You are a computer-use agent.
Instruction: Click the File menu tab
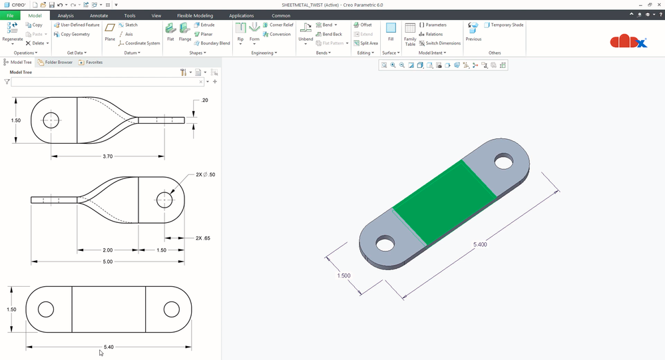point(10,16)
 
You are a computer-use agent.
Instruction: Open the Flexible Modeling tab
point(195,16)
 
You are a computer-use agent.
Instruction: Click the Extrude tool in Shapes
point(204,25)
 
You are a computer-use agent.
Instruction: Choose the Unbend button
point(306,33)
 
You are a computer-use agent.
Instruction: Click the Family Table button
point(410,35)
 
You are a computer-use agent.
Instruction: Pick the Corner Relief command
point(278,25)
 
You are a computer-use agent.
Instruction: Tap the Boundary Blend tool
point(212,43)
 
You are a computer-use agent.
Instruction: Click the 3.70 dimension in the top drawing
point(108,156)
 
